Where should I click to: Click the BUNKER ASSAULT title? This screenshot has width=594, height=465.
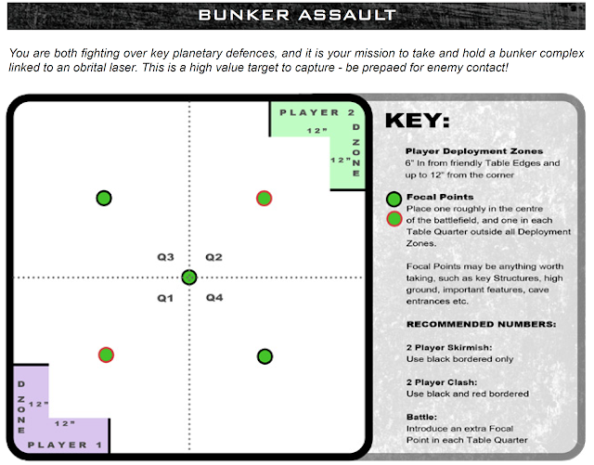tap(297, 15)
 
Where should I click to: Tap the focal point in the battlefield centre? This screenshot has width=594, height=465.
tap(189, 277)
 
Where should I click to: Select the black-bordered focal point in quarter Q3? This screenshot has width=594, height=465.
tap(105, 198)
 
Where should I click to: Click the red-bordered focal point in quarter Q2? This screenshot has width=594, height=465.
tap(264, 198)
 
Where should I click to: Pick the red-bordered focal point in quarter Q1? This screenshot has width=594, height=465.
tap(105, 355)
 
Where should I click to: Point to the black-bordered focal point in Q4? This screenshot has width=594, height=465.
tap(265, 355)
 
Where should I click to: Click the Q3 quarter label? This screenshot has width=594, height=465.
tap(165, 256)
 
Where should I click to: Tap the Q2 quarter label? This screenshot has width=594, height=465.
tap(214, 256)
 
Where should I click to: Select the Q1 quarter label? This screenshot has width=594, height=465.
tap(165, 298)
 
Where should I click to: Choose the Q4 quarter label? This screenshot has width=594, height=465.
tap(214, 298)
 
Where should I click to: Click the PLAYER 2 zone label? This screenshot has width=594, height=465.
tap(316, 112)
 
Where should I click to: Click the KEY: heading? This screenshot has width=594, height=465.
tap(417, 121)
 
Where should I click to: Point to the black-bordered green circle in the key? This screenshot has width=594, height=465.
tap(394, 199)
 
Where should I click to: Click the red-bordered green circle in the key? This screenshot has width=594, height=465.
tap(394, 219)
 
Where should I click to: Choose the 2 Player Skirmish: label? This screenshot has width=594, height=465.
tap(443, 346)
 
